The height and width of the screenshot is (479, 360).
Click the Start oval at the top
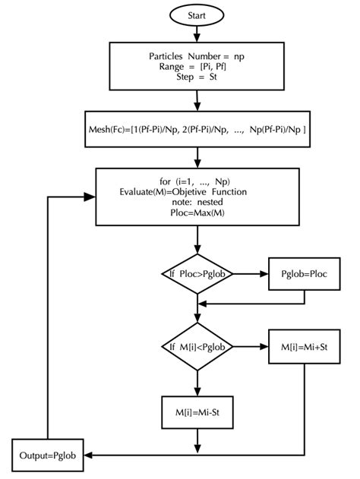pos(197,14)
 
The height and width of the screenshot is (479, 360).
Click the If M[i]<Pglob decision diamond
pos(197,347)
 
